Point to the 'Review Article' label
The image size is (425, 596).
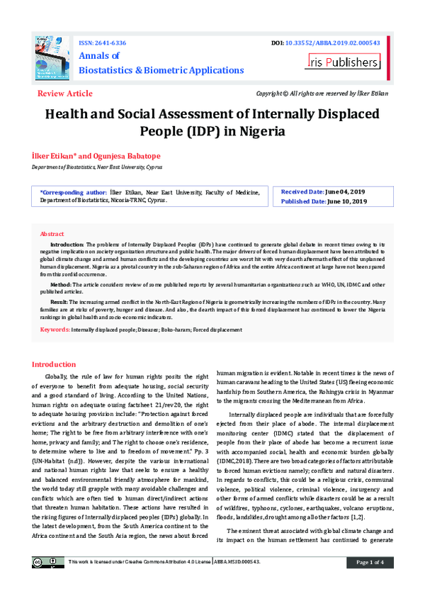coord(64,94)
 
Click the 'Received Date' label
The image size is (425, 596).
coord(302,191)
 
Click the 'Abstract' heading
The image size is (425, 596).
coord(52,233)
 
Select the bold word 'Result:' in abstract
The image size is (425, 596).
coord(59,301)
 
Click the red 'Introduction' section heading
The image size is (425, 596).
coord(59,364)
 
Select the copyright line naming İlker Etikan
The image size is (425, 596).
coord(322,94)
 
